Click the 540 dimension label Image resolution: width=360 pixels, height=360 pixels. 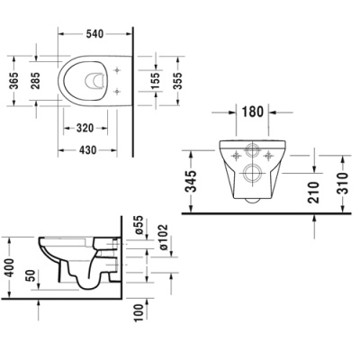coord(94,34)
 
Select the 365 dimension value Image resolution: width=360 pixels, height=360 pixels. coord(13,81)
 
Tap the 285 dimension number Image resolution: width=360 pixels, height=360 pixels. coord(35,81)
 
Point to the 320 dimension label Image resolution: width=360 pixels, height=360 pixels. coord(85,129)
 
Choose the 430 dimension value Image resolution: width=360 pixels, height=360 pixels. coord(87,149)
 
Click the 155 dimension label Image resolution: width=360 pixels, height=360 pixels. coord(156,81)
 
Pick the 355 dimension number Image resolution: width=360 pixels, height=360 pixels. coord(177,81)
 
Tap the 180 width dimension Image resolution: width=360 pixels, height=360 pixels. coord(253,112)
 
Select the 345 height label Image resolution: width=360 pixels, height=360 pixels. coord(191,181)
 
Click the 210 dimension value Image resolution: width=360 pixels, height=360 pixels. coord(314,193)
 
